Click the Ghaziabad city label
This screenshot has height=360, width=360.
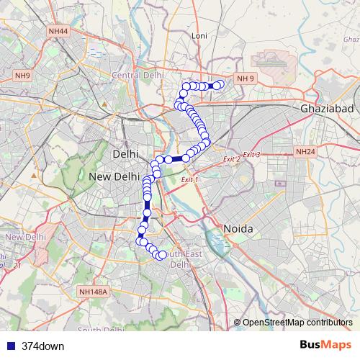pos(322,107)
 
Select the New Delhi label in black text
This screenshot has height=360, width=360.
pos(114,176)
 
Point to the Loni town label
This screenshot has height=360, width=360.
pos(199,35)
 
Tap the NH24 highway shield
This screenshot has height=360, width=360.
pos(306,152)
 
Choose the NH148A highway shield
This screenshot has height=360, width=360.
pos(94,292)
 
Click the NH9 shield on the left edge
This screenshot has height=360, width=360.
pos(23,76)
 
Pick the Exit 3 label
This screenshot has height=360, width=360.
pos(251,155)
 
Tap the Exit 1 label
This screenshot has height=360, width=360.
pos(189,179)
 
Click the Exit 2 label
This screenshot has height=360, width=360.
pos(230,159)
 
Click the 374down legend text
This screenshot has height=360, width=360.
pos(44,346)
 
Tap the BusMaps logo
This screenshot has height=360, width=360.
pos(325,345)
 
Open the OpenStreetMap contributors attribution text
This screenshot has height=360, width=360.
pos(297,322)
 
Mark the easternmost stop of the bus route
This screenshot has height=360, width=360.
pos(220,85)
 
